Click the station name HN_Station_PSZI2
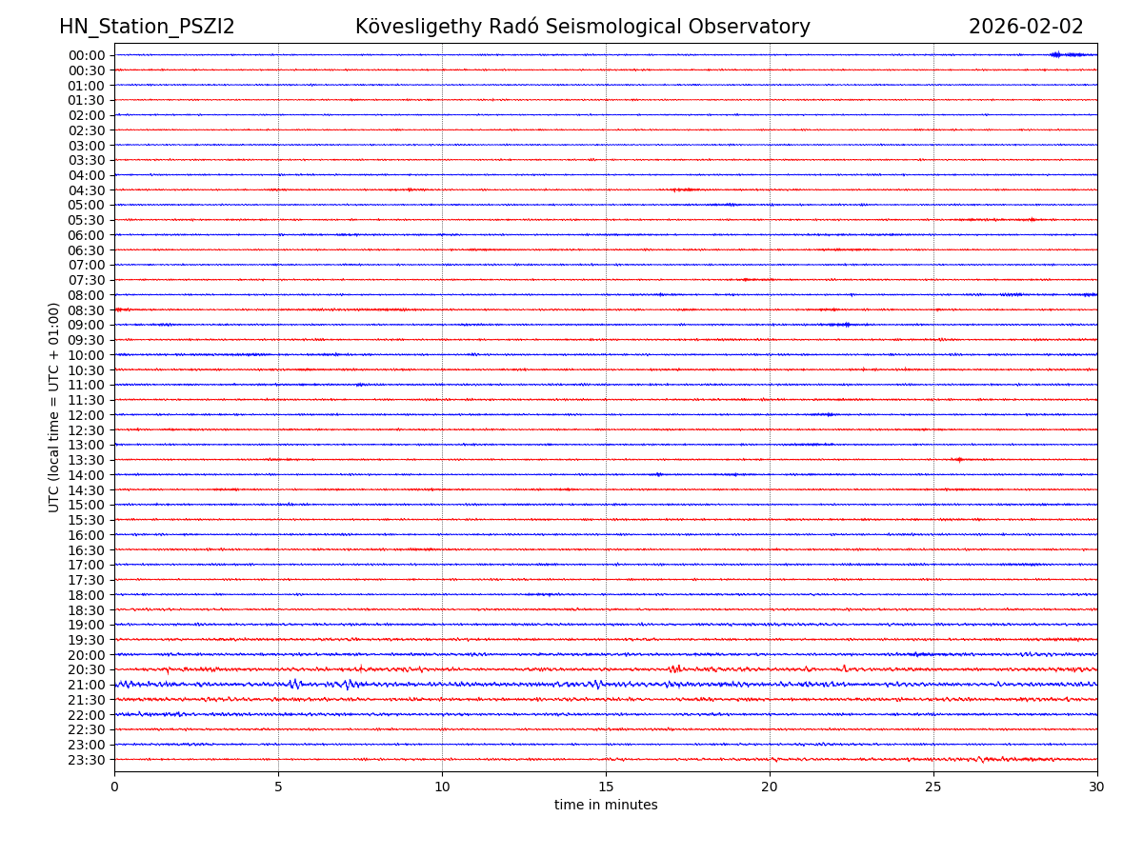pos(147,27)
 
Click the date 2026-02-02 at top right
pos(1026,27)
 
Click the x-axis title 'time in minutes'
pos(606,806)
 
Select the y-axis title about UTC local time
pos(54,407)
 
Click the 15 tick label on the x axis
pos(606,787)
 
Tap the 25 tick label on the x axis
pos(933,787)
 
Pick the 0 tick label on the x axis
pos(114,787)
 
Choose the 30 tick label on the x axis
pos(1097,787)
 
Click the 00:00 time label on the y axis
pos(87,55)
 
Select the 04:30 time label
pos(87,190)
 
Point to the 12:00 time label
pos(87,415)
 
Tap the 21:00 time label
pos(87,685)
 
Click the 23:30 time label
pos(87,760)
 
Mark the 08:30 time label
pos(87,310)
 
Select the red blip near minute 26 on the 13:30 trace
pos(959,459)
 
